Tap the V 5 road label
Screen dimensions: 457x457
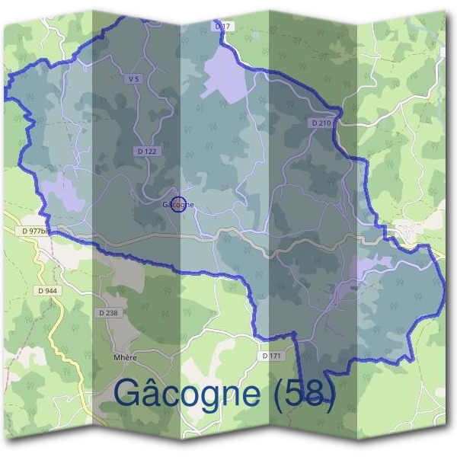[x=135, y=78]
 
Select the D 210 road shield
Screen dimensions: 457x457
[x=321, y=123]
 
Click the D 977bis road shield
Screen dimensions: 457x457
[x=35, y=231]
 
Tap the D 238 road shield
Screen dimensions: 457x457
[x=109, y=313]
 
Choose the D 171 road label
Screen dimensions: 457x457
[x=272, y=356]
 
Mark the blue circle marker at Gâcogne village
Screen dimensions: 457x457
[x=178, y=204]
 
